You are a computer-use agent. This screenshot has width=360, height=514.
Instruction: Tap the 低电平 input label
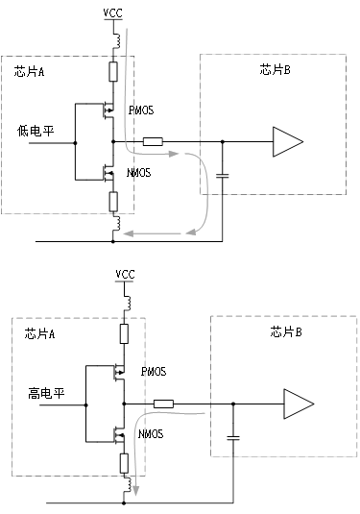(x=35, y=129)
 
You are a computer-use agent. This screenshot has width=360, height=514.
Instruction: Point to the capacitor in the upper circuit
(x=223, y=175)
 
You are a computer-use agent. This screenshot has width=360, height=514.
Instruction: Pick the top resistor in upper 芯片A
(x=113, y=71)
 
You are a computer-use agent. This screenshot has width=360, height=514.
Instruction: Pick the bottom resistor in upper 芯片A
(x=113, y=201)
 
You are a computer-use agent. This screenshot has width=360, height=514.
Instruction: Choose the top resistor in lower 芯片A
(x=124, y=333)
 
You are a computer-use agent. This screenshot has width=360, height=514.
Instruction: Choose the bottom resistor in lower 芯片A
(x=124, y=463)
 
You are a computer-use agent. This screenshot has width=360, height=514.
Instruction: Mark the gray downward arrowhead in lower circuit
(x=136, y=492)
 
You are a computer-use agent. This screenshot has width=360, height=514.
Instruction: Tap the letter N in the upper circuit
(x=131, y=174)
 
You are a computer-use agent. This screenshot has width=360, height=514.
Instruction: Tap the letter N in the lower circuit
(x=142, y=435)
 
